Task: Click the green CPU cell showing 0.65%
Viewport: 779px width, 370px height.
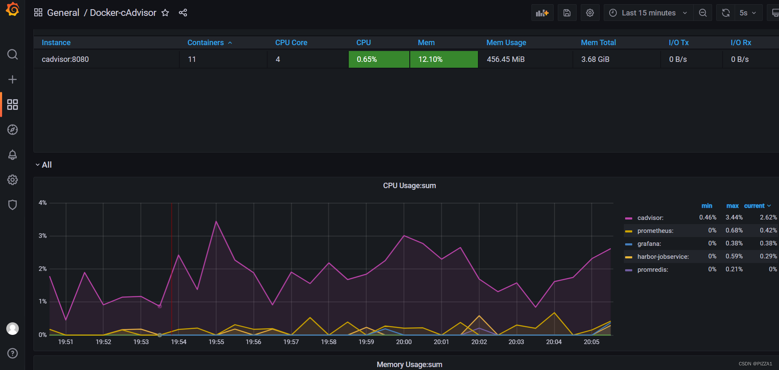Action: coord(378,59)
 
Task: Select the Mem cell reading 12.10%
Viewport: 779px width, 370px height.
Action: coord(443,59)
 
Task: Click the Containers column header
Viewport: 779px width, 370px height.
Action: coord(206,43)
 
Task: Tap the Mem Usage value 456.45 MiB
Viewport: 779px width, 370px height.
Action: coord(506,59)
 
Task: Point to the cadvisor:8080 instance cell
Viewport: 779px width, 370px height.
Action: coord(65,59)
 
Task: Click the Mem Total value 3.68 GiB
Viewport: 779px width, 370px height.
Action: coord(595,59)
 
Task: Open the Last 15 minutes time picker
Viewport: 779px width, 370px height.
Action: coord(648,13)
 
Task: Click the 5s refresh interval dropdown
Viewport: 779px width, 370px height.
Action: coord(747,13)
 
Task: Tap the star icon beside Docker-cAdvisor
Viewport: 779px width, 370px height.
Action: coord(165,13)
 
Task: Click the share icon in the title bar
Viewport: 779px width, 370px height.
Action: coord(183,13)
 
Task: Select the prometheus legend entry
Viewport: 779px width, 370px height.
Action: coord(655,231)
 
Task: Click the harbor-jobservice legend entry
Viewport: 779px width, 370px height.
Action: coord(663,257)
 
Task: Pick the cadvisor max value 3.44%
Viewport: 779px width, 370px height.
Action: coord(734,217)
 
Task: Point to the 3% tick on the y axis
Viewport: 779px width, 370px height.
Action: coord(43,236)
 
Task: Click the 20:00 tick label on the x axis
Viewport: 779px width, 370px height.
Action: coord(404,342)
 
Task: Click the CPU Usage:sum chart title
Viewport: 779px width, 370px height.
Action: coord(409,186)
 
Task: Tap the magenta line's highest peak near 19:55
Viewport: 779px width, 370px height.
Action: coord(216,222)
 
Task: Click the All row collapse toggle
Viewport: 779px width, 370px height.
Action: coord(38,165)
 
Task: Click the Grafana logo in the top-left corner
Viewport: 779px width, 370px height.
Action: coord(13,9)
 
